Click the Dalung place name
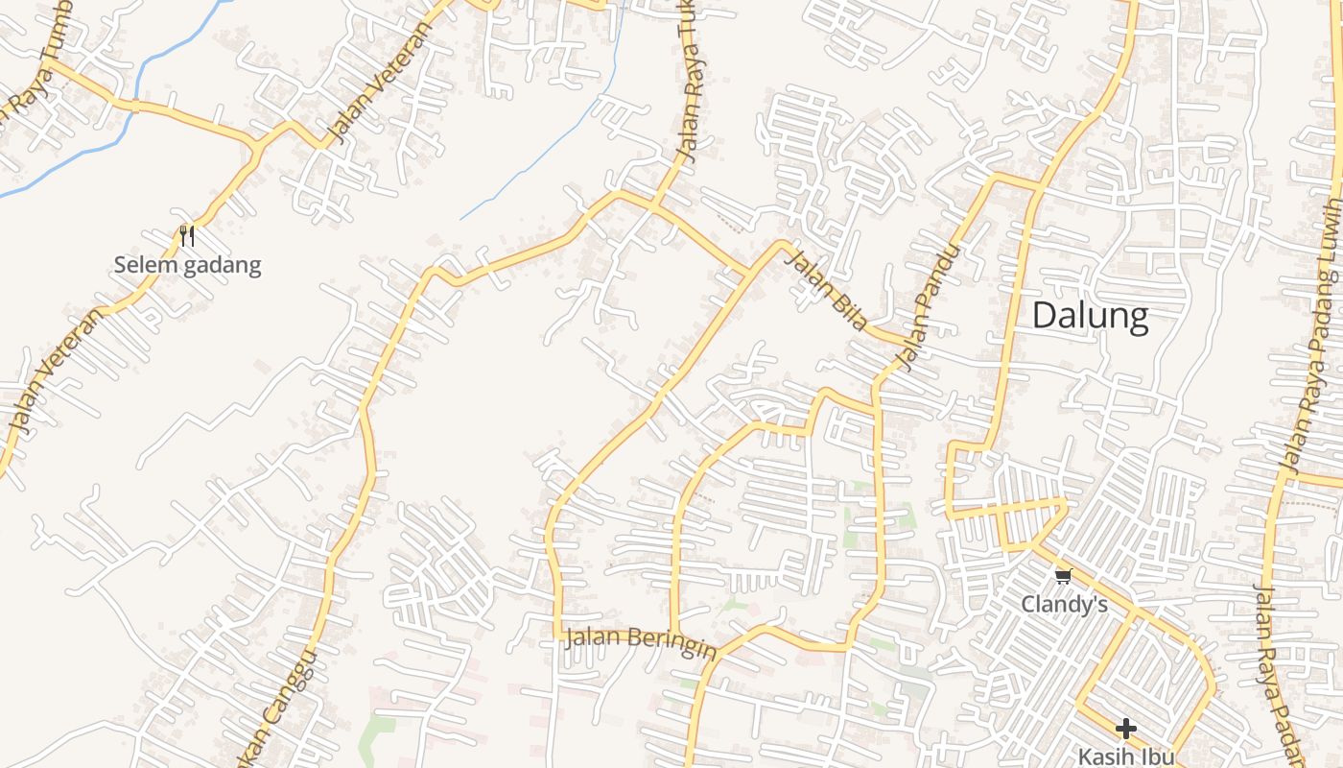coord(1090,316)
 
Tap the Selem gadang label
coord(187,265)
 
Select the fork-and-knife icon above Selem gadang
coord(187,236)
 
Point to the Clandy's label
coord(1064,605)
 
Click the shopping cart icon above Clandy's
coord(1063,577)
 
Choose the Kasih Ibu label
coord(1125,756)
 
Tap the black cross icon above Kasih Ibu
coord(1126,729)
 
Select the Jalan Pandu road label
coord(927,307)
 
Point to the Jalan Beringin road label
coord(640,642)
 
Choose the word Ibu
coord(1158,756)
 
